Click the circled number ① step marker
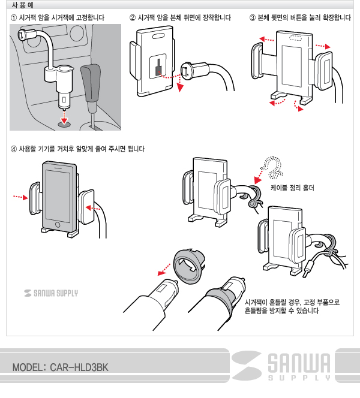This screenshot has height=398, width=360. point(13,18)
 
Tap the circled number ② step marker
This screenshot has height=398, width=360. point(133,18)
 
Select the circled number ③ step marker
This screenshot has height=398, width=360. point(252,18)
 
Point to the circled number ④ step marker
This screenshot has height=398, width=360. point(13,149)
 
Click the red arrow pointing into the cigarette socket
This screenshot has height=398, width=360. point(65,117)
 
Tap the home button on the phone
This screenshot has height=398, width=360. point(58,225)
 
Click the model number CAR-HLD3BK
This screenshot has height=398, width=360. point(79,367)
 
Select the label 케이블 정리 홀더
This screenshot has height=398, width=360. point(292,188)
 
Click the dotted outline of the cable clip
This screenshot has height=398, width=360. point(272,167)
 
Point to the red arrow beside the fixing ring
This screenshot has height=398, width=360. point(164,269)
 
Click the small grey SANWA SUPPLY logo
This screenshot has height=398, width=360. point(51,293)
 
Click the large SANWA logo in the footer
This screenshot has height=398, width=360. point(281,366)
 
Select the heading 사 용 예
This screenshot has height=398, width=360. point(22,5)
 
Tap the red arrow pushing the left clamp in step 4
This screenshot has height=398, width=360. point(20,197)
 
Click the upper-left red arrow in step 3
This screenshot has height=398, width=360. point(266,40)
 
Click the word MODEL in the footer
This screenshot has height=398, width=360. point(26,367)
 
